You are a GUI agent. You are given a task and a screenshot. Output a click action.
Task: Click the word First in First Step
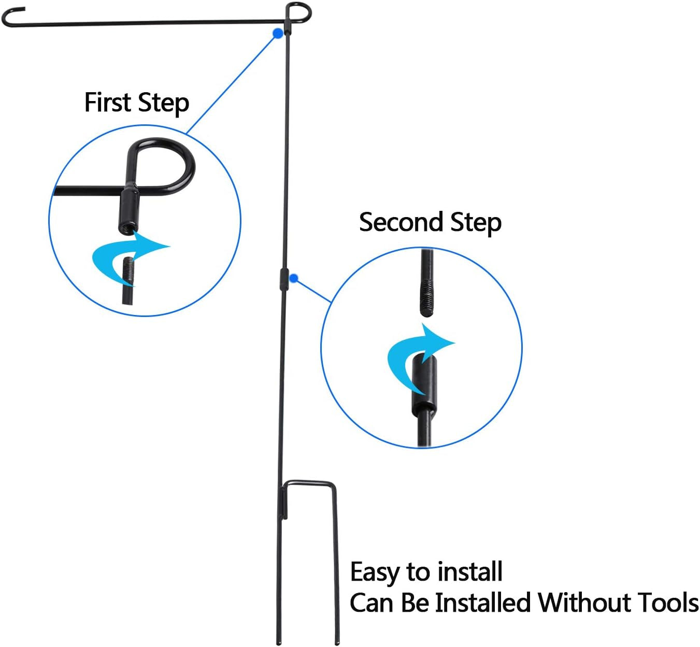[107, 103]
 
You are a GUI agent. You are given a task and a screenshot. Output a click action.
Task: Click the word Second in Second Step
[401, 222]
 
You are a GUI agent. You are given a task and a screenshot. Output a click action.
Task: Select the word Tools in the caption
[668, 603]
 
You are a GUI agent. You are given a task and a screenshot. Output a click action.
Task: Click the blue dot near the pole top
[278, 34]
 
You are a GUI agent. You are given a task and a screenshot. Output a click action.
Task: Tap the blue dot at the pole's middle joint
[294, 279]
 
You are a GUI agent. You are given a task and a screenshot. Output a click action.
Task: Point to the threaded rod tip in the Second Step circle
[426, 300]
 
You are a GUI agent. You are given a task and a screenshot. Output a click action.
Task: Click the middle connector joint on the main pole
[284, 280]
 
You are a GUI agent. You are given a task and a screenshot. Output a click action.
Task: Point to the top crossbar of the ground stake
[309, 484]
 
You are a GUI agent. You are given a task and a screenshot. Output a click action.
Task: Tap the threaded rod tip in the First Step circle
[128, 272]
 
